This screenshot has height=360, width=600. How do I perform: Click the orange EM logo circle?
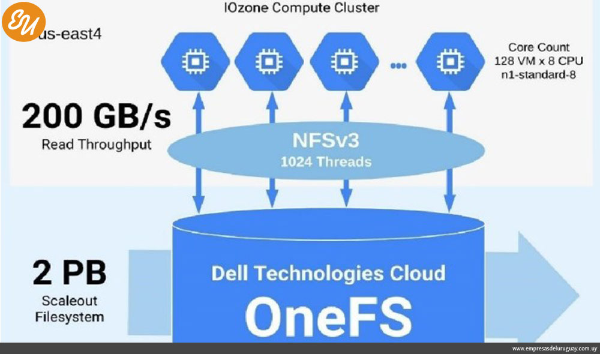pos(23,22)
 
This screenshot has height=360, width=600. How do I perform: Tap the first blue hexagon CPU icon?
pos(195,61)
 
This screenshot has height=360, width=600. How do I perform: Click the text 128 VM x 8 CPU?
pos(531,61)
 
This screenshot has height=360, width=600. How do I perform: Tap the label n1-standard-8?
pos(531,75)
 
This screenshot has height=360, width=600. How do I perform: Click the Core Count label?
pos(531,47)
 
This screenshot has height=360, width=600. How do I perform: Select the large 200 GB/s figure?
pos(96,117)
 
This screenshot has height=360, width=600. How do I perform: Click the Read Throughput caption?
pos(96,145)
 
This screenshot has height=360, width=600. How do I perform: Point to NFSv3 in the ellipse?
pos(328,141)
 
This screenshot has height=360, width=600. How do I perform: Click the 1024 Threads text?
pos(328,162)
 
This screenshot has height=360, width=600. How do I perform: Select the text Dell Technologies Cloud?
pos(328,273)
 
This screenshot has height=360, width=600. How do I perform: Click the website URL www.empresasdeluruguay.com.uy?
pos(553,349)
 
